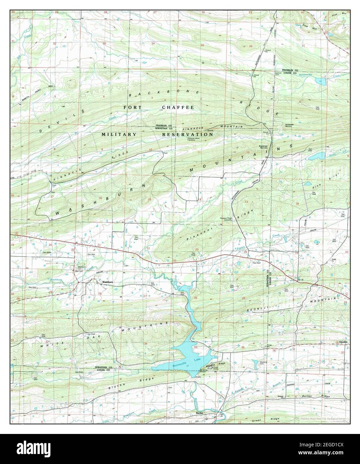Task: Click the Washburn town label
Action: tap(108, 282)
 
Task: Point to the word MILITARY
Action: tap(119, 134)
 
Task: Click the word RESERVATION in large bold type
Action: tap(188, 134)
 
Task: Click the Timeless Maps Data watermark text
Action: tap(319, 418)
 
